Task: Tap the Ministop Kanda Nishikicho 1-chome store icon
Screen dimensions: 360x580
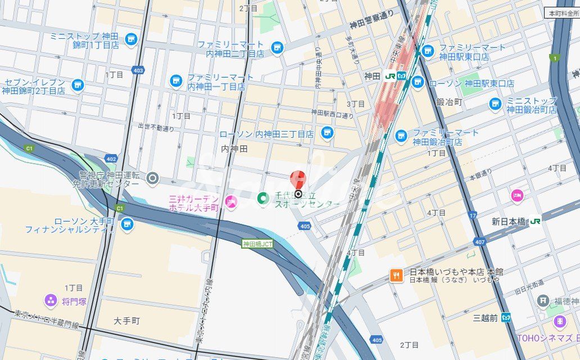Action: point(131,39)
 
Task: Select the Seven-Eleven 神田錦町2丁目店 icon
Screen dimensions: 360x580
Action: point(78,85)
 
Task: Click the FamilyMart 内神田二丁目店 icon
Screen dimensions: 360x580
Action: point(277,48)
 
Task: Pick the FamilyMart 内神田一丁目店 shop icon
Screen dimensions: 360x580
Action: point(176,81)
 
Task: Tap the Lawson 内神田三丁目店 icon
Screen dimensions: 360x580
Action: point(327,133)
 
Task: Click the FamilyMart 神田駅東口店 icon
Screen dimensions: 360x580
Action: point(428,51)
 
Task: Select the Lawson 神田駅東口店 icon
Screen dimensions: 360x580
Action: point(417,82)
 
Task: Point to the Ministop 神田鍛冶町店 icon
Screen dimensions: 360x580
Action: point(495,103)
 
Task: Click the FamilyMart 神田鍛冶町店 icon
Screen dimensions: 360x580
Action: point(401,136)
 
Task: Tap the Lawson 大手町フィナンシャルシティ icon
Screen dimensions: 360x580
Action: point(127,224)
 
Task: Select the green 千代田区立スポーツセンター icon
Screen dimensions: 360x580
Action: point(262,198)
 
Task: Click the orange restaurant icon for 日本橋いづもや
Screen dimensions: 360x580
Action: point(397,275)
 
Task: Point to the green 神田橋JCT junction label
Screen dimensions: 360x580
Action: point(257,244)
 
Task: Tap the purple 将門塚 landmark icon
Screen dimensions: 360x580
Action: point(51,301)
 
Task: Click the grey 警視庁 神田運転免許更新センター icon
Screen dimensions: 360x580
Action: point(152,179)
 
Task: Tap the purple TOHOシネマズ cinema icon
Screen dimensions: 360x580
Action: point(559,321)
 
